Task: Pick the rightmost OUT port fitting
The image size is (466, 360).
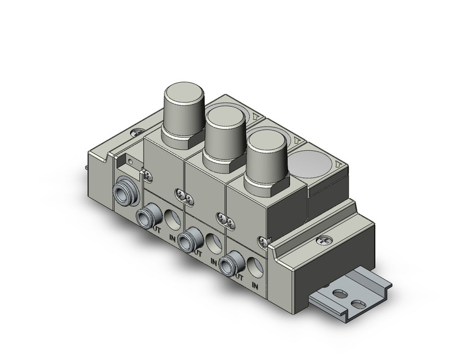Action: [x=231, y=262]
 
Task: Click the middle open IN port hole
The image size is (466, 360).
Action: [x=213, y=240]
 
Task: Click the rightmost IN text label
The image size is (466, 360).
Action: [x=255, y=286]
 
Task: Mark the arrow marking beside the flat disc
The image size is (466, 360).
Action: [x=338, y=164]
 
